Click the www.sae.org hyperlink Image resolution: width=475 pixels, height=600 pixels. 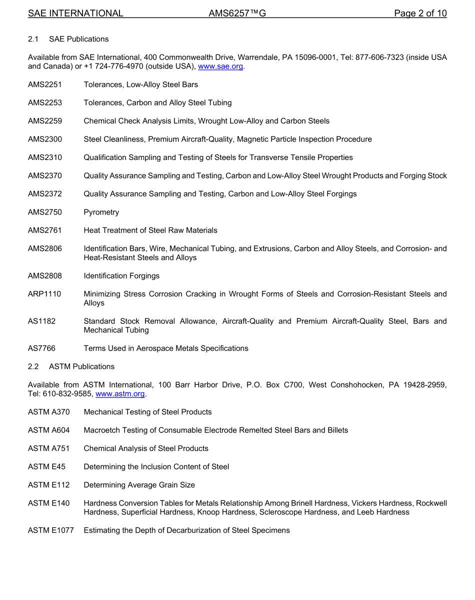click(220, 66)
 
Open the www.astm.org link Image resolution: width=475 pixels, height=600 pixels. click(120, 394)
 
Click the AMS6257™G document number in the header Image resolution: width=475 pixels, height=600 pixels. click(237, 13)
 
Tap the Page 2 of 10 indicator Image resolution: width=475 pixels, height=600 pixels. click(420, 13)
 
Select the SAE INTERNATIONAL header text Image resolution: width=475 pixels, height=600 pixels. click(75, 13)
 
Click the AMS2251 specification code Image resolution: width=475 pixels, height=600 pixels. click(45, 84)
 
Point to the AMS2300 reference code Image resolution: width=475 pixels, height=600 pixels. click(45, 139)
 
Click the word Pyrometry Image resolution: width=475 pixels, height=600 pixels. click(101, 212)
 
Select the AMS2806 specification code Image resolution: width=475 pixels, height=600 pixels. click(45, 248)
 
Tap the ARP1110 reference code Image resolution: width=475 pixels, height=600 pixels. click(44, 294)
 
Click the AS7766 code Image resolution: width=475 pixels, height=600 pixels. click(42, 348)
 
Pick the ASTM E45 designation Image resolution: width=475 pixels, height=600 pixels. click(47, 467)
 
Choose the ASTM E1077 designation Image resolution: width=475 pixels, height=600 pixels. click(51, 530)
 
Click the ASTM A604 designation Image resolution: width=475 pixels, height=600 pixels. click(49, 430)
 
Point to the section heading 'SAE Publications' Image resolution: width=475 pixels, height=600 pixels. click(78, 39)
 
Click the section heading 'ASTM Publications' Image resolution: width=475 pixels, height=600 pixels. click(81, 367)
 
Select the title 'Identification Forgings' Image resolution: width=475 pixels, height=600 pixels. click(121, 276)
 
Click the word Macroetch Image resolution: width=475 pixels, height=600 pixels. click(102, 430)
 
